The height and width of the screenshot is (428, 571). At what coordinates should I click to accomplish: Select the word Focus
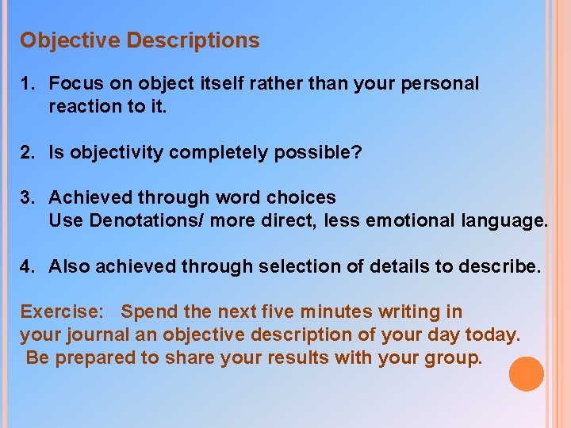tap(76, 84)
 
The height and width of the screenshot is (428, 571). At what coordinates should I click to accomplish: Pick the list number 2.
tap(27, 152)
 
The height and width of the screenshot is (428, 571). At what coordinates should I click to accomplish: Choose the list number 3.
tap(27, 197)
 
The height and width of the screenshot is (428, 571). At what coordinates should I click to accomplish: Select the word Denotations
tap(148, 220)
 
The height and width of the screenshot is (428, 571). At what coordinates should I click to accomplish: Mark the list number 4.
tap(27, 266)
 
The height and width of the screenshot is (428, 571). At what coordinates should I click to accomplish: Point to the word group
tap(454, 358)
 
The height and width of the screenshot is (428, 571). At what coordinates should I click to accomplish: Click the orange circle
tap(527, 374)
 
